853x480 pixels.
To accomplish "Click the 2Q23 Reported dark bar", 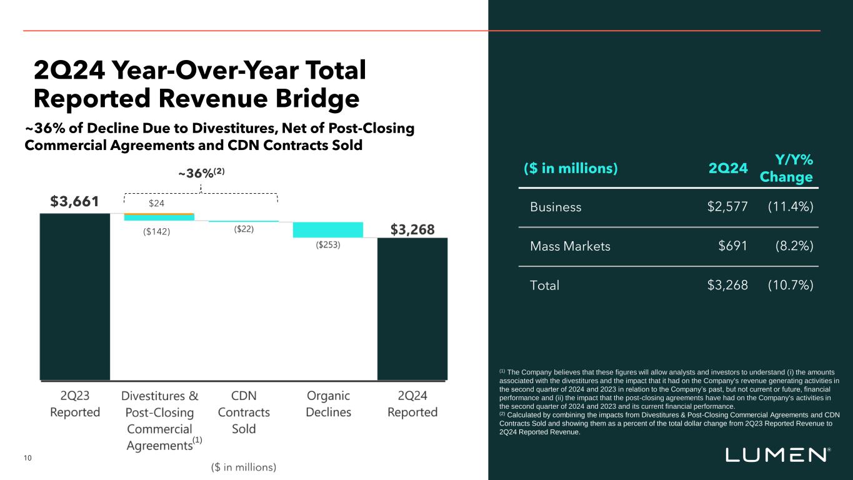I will [75, 296].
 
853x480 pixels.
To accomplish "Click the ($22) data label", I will [244, 229].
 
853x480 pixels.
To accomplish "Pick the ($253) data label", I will [327, 246].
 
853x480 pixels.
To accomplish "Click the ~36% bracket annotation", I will [201, 174].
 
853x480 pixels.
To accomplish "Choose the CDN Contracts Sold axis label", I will [244, 412].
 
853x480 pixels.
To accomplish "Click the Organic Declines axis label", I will [328, 404].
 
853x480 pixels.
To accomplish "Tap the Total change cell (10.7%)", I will [790, 286].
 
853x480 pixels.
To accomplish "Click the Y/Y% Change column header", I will [786, 167].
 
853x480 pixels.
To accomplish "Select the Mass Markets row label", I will [570, 246].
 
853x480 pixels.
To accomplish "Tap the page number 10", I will [27, 458].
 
